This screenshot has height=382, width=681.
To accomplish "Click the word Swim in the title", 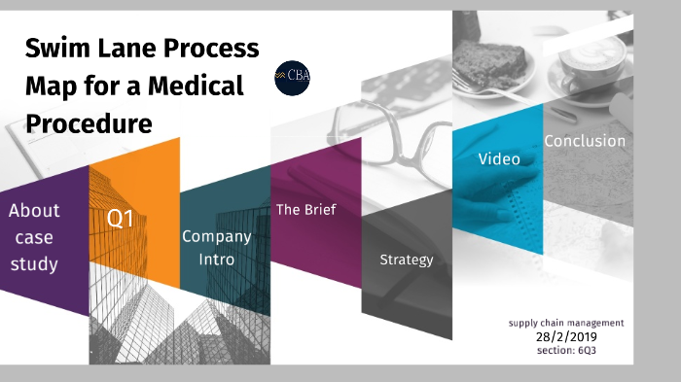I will pos(56,49).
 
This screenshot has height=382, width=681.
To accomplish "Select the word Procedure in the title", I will pos(89,123).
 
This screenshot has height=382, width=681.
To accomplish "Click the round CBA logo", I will pos(291,78).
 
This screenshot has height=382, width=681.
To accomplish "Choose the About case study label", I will pos(34,236).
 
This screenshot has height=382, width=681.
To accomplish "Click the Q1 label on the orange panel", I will pos(121,220).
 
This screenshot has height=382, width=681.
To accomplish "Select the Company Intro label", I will pos(216,248).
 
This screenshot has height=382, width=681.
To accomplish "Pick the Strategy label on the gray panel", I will pos(406,260).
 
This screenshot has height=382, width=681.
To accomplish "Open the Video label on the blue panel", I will pos(498,158).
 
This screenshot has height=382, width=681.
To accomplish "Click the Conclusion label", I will pos(584,141).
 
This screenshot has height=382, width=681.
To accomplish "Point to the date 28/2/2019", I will pos(564,336).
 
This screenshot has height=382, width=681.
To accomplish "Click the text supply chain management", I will pos(565,322).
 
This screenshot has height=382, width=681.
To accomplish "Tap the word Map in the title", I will pos(48,87).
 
